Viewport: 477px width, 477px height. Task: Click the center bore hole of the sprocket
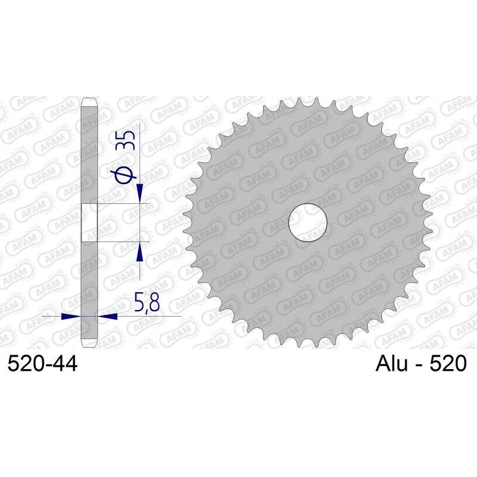coord(308,223)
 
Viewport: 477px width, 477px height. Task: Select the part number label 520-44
coord(42,363)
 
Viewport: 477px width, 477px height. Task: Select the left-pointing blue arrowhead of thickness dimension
coord(107,315)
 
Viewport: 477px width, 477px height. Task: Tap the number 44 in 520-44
coord(64,363)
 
